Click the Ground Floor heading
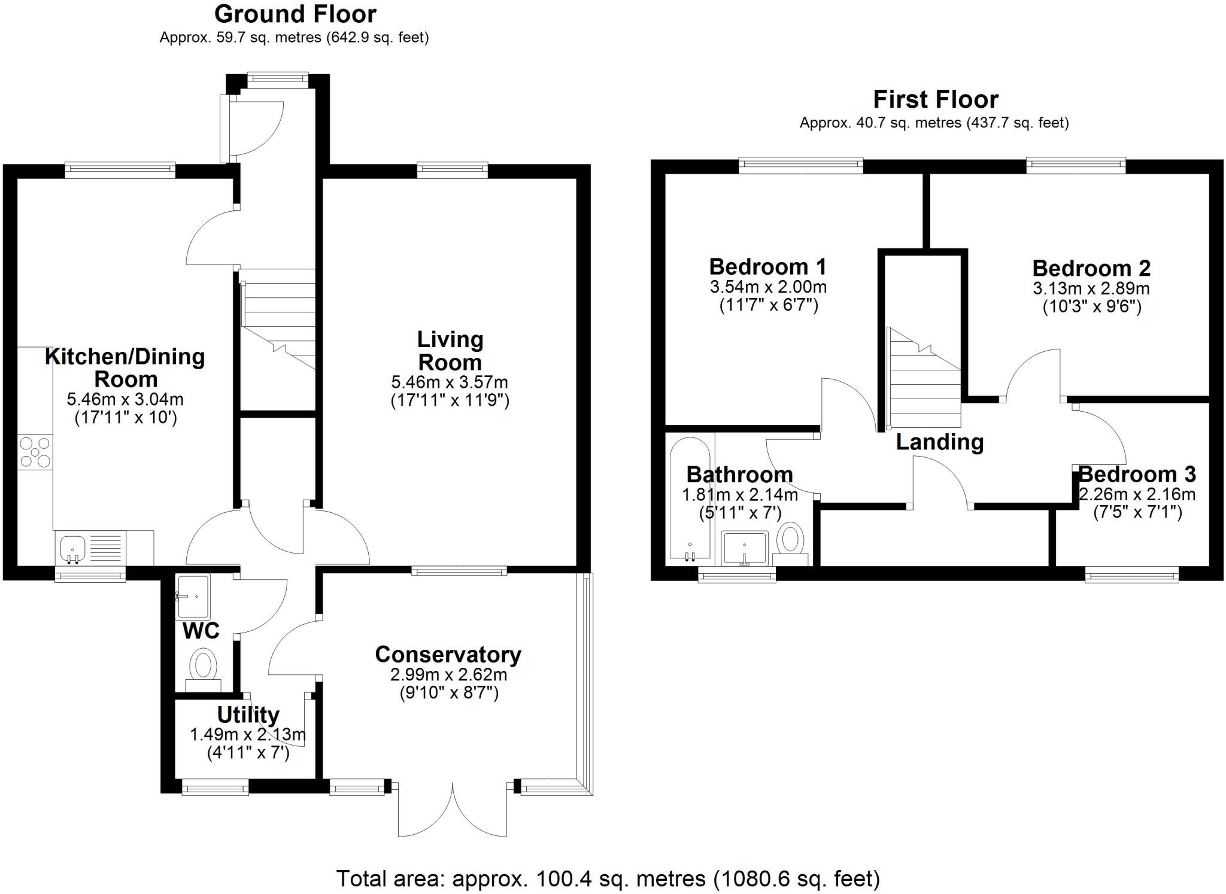[x=295, y=14]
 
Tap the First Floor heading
[x=935, y=99]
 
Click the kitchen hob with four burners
[x=35, y=452]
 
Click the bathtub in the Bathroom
[x=690, y=500]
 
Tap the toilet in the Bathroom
[x=791, y=540]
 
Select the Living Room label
[x=450, y=351]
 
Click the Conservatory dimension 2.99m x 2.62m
[x=448, y=675]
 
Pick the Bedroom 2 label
[x=1091, y=268]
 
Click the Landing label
[x=939, y=442]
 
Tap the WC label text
[x=201, y=631]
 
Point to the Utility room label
[x=248, y=714]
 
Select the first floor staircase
[x=924, y=383]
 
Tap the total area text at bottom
[x=608, y=879]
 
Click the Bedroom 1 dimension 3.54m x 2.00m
[x=768, y=287]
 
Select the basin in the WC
[x=193, y=597]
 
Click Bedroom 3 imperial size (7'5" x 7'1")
[x=1137, y=512]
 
